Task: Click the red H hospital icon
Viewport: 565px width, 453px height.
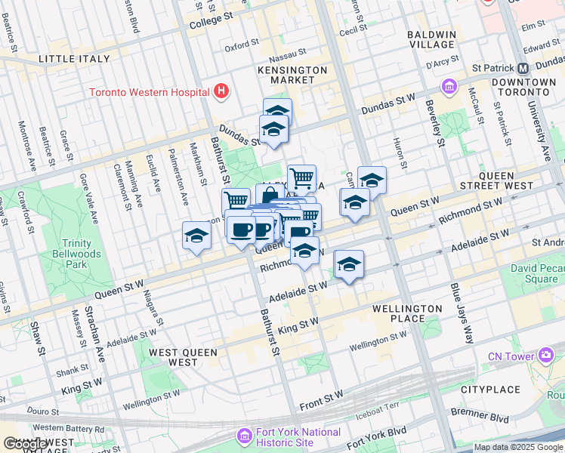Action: [221, 92]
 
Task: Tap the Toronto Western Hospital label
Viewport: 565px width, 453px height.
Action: [149, 93]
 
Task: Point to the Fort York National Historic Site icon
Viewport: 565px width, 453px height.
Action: [243, 436]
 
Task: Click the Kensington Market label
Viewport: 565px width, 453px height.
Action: [297, 75]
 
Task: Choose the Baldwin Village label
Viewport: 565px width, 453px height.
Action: [431, 39]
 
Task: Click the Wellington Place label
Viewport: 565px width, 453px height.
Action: [407, 313]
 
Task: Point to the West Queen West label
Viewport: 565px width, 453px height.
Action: [183, 357]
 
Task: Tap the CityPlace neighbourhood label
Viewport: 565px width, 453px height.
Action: [490, 390]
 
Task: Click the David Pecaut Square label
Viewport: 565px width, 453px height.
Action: [544, 273]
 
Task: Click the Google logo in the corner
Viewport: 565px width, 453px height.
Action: [24, 444]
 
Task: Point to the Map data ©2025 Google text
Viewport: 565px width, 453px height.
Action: [518, 447]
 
